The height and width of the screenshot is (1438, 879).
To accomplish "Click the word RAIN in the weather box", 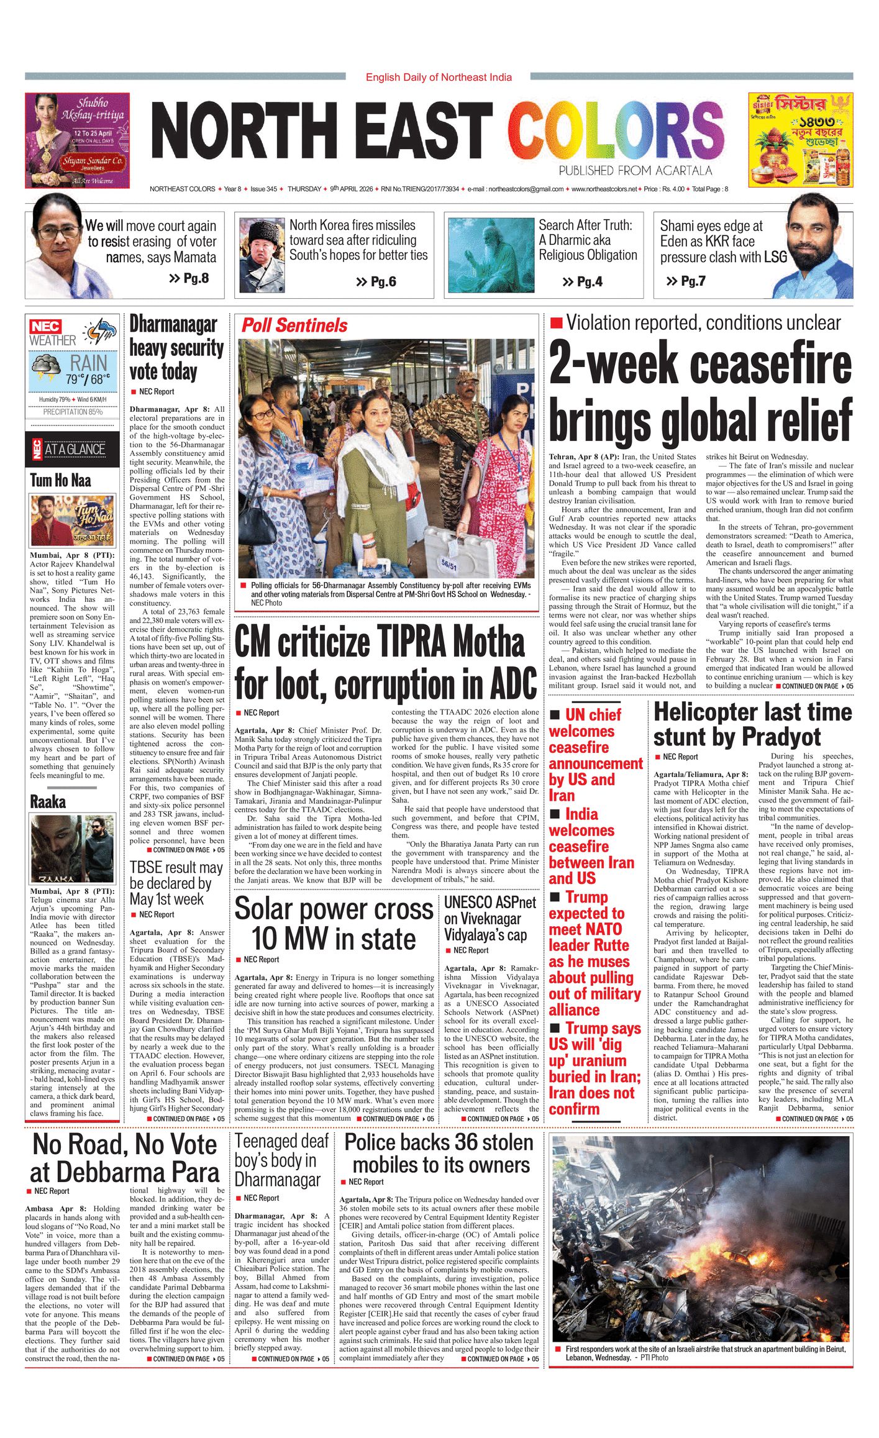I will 88,363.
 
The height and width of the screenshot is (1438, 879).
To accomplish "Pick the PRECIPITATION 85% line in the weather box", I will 73,412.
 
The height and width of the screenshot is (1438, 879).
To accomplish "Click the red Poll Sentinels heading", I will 294,325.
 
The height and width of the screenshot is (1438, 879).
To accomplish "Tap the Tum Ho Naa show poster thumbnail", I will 73,521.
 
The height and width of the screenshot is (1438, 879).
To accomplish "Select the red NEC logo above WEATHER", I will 45,326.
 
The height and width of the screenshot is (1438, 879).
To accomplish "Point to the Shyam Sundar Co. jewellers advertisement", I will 77,140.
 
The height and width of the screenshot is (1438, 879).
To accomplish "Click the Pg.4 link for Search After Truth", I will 583,282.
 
